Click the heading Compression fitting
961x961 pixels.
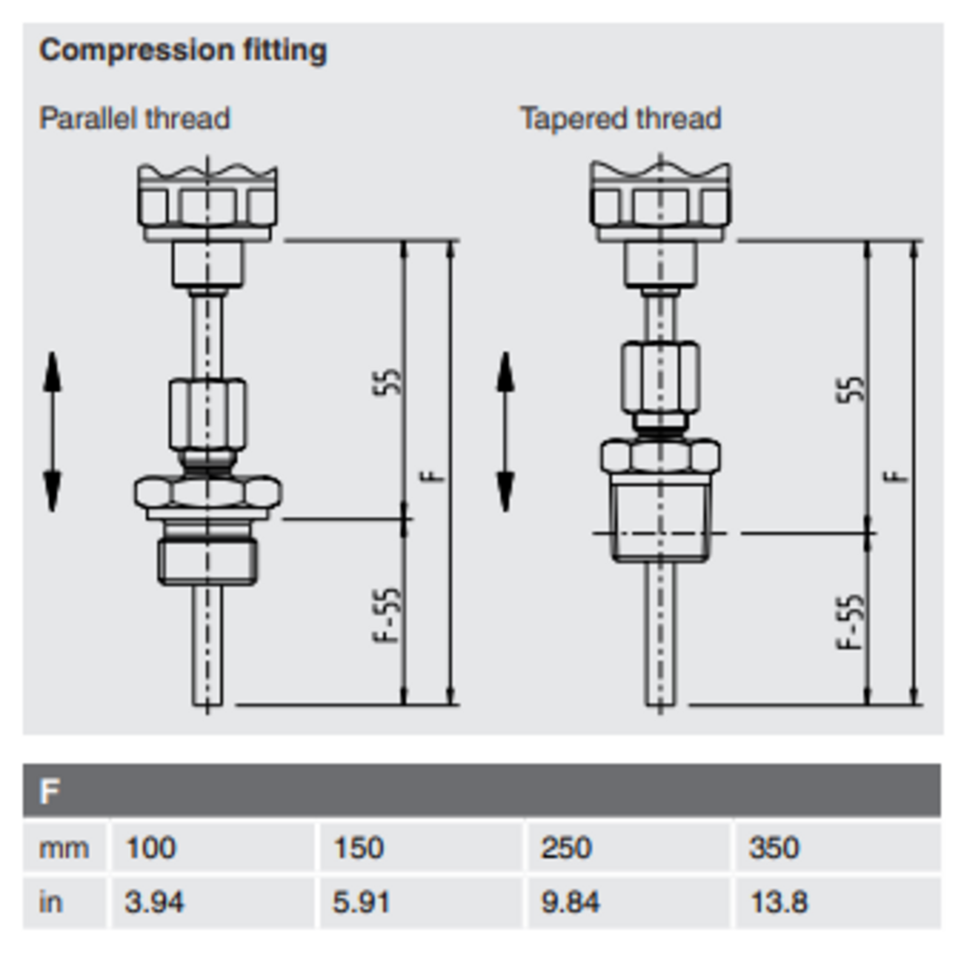coord(183,51)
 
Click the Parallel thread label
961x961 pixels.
coord(135,119)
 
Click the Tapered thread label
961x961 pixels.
coord(621,119)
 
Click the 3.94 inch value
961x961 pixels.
coord(154,902)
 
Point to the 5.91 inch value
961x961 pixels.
coord(361,902)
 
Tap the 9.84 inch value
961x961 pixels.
coord(570,902)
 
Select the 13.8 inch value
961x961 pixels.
coord(779,902)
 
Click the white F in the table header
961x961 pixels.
coord(49,791)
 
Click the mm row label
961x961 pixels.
coord(63,848)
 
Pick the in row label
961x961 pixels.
coord(51,902)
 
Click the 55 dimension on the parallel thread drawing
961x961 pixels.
coord(388,382)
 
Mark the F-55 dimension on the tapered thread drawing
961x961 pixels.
coord(851,621)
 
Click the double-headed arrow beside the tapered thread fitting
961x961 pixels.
coord(506,431)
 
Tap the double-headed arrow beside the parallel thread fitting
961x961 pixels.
coord(53,431)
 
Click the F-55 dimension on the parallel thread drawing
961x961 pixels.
coord(388,615)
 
